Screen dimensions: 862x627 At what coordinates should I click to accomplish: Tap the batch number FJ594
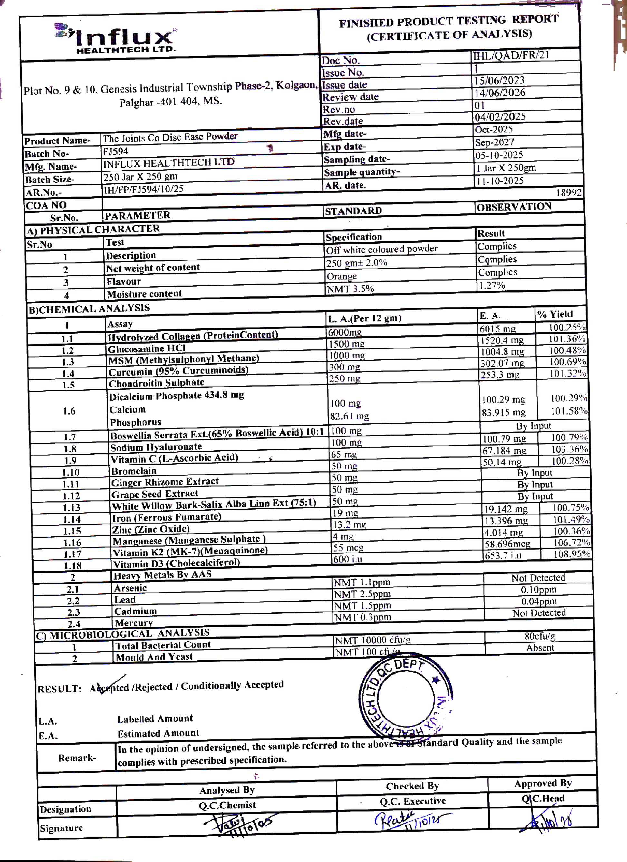[115, 151]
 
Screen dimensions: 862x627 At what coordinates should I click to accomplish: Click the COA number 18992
[568, 193]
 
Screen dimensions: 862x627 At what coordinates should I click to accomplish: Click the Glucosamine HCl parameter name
[147, 348]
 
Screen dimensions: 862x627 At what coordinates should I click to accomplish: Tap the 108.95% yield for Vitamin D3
[572, 554]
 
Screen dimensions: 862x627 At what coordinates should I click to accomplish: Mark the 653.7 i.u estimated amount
[502, 555]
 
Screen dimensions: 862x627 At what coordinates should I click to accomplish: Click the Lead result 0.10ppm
[538, 590]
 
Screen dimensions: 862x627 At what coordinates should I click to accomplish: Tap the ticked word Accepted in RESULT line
[109, 688]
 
